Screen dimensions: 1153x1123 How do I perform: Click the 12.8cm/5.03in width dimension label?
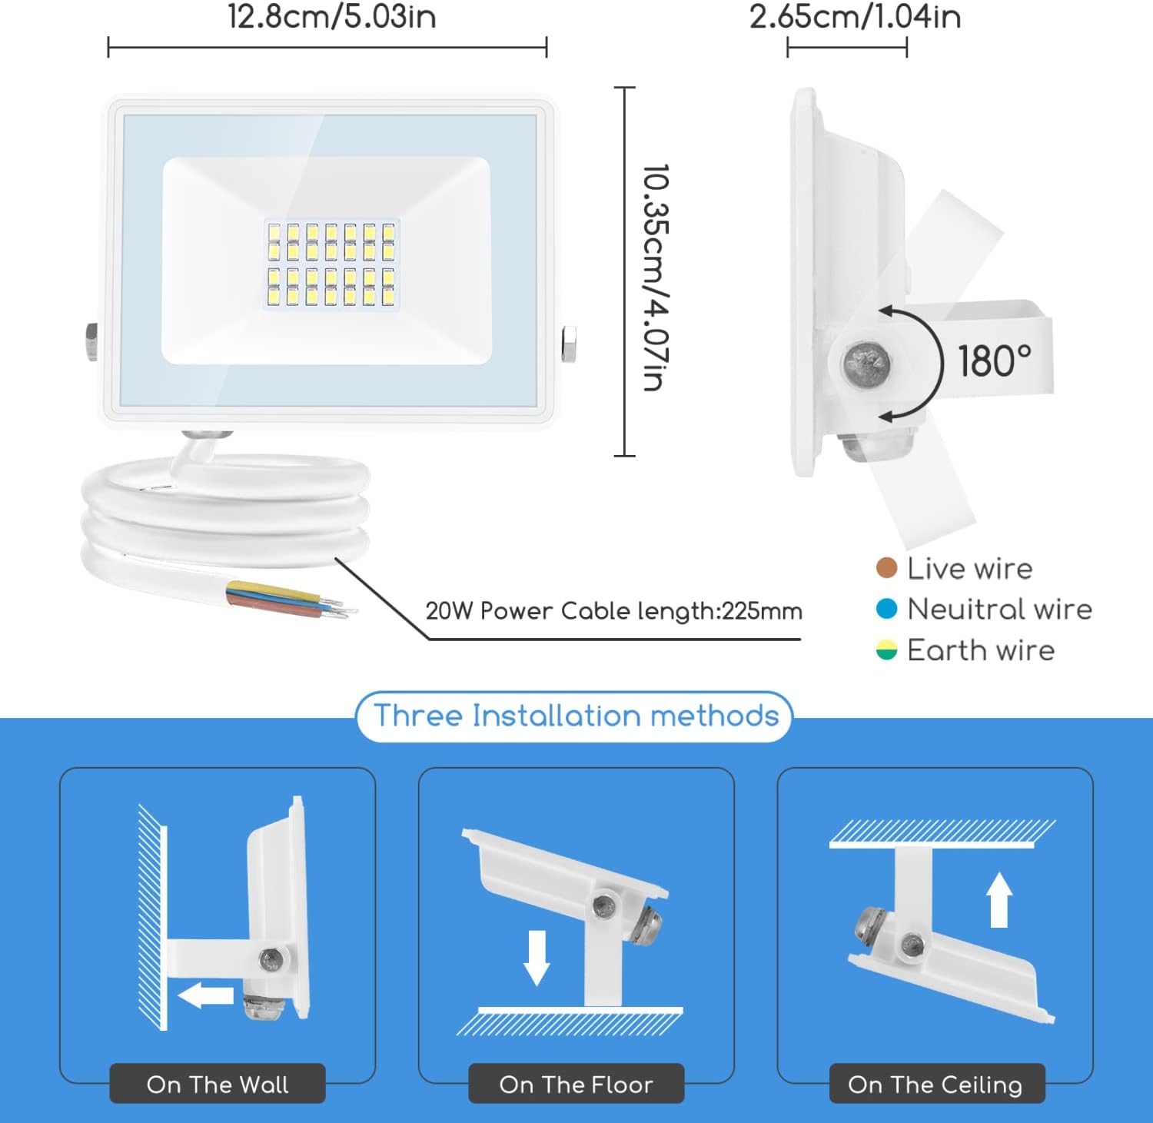331,17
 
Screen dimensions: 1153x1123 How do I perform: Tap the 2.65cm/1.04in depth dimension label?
855,17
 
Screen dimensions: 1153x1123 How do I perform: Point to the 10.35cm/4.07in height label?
656,277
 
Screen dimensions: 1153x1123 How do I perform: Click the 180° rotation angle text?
994,360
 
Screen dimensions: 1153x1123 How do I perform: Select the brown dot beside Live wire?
886,568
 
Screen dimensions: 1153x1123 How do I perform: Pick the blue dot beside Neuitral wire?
886,609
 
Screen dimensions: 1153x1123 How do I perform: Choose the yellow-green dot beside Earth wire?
886,650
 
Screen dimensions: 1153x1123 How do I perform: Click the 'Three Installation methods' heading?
576,716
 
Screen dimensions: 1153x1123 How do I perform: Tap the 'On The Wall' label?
218,1085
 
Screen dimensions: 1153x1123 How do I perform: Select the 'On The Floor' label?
576,1085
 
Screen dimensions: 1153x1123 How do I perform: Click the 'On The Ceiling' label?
935,1085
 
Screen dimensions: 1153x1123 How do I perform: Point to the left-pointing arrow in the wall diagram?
205,995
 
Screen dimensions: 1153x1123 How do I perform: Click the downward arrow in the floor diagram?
536,958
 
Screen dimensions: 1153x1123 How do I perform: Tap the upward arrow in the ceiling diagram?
998,899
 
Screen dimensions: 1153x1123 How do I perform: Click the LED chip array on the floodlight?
331,264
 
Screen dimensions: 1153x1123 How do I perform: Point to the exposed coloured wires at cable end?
292,600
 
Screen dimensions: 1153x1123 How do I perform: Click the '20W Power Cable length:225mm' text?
613,611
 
